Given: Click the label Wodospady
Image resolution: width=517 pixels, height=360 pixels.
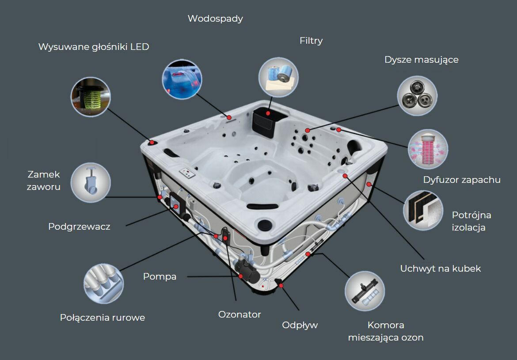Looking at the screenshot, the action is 215,19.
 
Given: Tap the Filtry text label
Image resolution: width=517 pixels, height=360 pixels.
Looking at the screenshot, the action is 311,41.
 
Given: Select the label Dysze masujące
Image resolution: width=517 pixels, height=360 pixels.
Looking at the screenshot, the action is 422,60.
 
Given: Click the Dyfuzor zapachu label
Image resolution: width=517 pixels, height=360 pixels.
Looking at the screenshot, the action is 462,180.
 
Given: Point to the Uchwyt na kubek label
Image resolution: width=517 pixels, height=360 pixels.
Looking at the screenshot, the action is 440,269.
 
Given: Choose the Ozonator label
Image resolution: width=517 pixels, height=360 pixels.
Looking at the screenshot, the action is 239,315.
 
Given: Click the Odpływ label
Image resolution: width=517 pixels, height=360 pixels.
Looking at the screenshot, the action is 300,325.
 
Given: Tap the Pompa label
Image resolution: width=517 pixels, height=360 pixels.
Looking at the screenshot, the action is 160,276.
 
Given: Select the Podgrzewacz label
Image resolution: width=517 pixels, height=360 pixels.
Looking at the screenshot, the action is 79,227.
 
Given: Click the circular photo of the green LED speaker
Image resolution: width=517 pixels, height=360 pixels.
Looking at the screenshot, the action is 91,97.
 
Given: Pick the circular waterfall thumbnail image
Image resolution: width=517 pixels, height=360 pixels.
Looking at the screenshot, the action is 182,80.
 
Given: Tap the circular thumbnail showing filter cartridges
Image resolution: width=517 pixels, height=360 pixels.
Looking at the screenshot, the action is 278,77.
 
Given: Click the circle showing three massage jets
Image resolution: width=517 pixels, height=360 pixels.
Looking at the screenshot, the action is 417,96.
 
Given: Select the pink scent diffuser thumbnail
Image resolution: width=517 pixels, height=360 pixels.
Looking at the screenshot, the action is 428,149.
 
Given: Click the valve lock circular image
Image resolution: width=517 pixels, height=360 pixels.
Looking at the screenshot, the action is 91,182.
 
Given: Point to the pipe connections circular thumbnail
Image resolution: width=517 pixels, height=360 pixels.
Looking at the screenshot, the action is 103,284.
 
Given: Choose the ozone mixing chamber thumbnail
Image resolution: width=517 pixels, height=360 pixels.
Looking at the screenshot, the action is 365,291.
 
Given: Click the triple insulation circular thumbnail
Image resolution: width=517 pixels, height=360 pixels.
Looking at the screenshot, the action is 423,210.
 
